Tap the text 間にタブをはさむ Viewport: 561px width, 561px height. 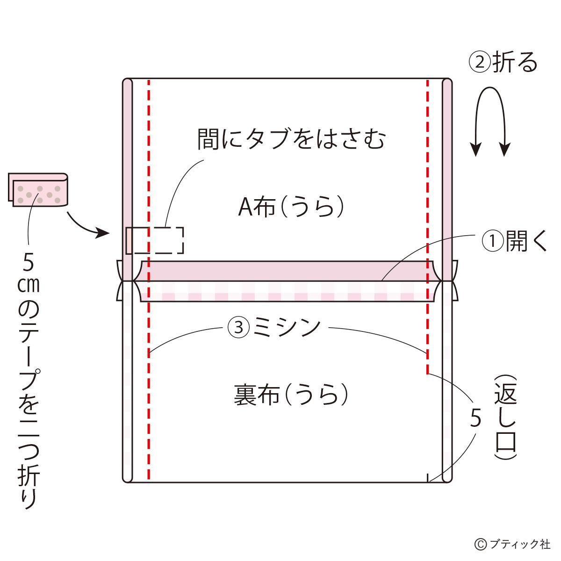pyautogui.click(x=291, y=139)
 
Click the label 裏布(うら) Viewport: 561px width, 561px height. pyautogui.click(x=291, y=395)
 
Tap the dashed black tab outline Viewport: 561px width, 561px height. pyautogui.click(x=155, y=240)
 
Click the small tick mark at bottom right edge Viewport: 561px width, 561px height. pyautogui.click(x=427, y=478)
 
